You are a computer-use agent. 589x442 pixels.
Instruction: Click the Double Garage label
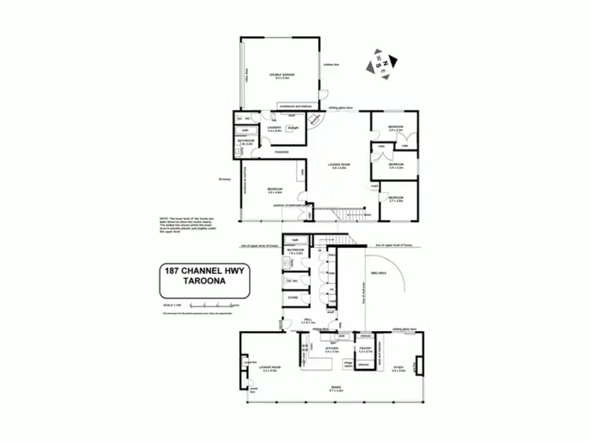(x=280, y=76)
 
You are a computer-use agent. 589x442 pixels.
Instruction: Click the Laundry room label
(x=274, y=129)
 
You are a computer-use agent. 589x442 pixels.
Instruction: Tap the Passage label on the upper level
(x=281, y=152)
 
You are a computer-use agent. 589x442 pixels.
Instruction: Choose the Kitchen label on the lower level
(x=331, y=349)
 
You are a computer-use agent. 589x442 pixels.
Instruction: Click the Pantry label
(x=364, y=349)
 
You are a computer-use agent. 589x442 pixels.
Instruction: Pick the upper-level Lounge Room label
(x=339, y=166)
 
